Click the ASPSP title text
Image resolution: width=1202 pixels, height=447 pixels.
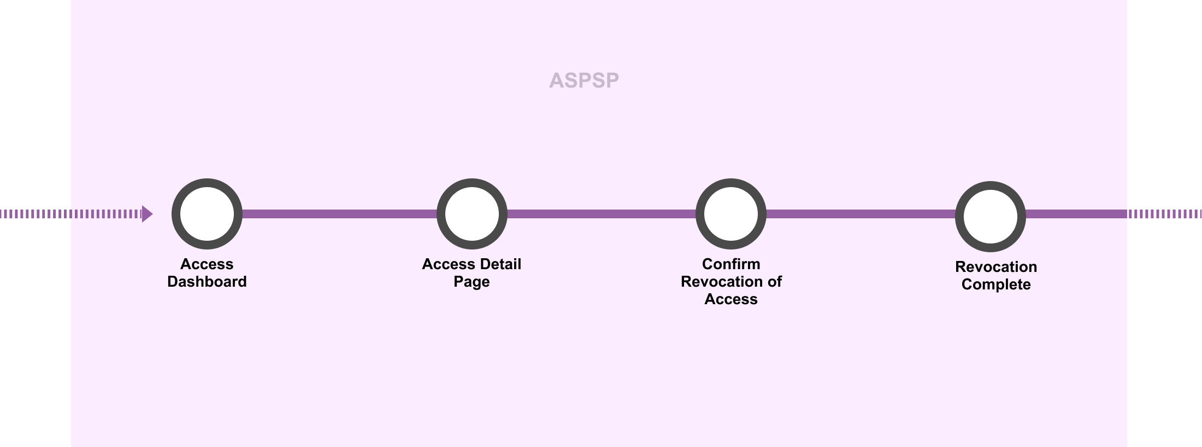pyautogui.click(x=584, y=80)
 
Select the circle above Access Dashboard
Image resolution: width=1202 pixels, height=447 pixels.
pyautogui.click(x=207, y=214)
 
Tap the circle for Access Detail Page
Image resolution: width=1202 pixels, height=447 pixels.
pyautogui.click(x=472, y=214)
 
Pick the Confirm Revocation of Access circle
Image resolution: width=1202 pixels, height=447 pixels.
pyautogui.click(x=731, y=214)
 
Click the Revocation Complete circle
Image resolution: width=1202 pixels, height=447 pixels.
pyautogui.click(x=990, y=217)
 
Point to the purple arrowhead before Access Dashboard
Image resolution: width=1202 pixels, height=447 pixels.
pyautogui.click(x=146, y=214)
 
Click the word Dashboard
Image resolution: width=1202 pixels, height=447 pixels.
pyautogui.click(x=207, y=282)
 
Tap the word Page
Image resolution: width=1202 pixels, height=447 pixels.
pyautogui.click(x=472, y=282)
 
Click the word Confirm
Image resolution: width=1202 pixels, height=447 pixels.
pyautogui.click(x=731, y=264)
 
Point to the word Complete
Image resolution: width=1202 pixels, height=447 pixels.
pyautogui.click(x=996, y=285)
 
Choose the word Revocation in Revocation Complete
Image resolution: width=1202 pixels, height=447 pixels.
pyautogui.click(x=996, y=267)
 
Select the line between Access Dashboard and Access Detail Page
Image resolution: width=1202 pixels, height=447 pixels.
pyautogui.click(x=339, y=214)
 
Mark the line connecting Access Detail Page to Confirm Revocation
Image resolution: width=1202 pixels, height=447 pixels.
pyautogui.click(x=601, y=214)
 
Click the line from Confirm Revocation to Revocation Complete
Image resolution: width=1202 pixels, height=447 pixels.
pyautogui.click(x=861, y=214)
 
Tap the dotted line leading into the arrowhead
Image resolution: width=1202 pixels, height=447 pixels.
pyautogui.click(x=71, y=214)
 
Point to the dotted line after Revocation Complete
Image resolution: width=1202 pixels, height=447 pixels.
pyautogui.click(x=1164, y=214)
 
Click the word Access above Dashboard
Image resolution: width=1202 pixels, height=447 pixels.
pyautogui.click(x=207, y=264)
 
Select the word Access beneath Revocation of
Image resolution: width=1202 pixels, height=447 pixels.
pyautogui.click(x=731, y=299)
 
